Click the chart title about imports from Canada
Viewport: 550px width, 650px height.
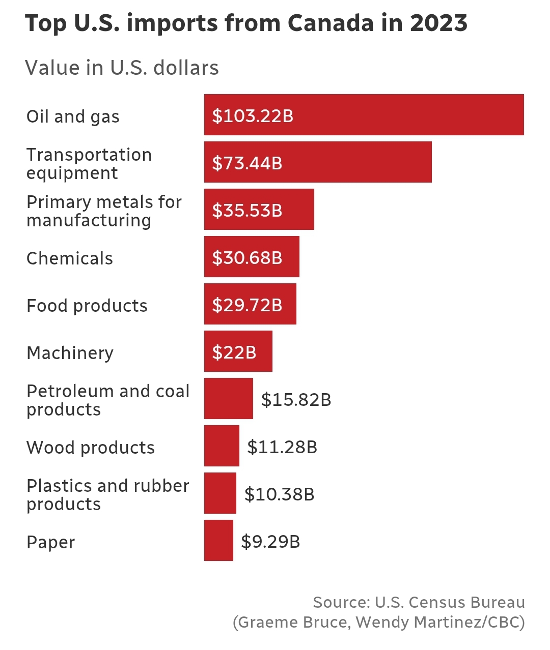pyautogui.click(x=246, y=23)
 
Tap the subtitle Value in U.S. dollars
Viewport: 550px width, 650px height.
pyautogui.click(x=122, y=68)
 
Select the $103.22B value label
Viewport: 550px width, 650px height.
pyautogui.click(x=253, y=116)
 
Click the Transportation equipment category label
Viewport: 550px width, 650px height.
pyautogui.click(x=89, y=163)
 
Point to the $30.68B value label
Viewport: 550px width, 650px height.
pyautogui.click(x=247, y=258)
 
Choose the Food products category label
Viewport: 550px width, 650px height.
pyautogui.click(x=87, y=306)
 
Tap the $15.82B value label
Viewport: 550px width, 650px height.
pyautogui.click(x=296, y=400)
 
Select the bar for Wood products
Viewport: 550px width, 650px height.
pyautogui.click(x=222, y=446)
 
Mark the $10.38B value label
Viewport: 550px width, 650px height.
pyautogui.click(x=279, y=494)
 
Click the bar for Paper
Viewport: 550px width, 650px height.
pyautogui.click(x=218, y=541)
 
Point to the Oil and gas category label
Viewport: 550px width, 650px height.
pyautogui.click(x=73, y=116)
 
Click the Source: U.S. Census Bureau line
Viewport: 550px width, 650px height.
pyautogui.click(x=419, y=602)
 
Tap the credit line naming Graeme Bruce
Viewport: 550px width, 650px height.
pyautogui.click(x=378, y=622)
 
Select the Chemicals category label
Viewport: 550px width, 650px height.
pyautogui.click(x=70, y=258)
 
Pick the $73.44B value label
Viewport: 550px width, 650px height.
pyautogui.click(x=247, y=163)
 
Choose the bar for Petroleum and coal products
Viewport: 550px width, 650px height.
pyautogui.click(x=228, y=399)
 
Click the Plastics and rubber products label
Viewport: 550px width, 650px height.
pyautogui.click(x=107, y=494)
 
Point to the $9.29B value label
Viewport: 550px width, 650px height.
pyautogui.click(x=270, y=542)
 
